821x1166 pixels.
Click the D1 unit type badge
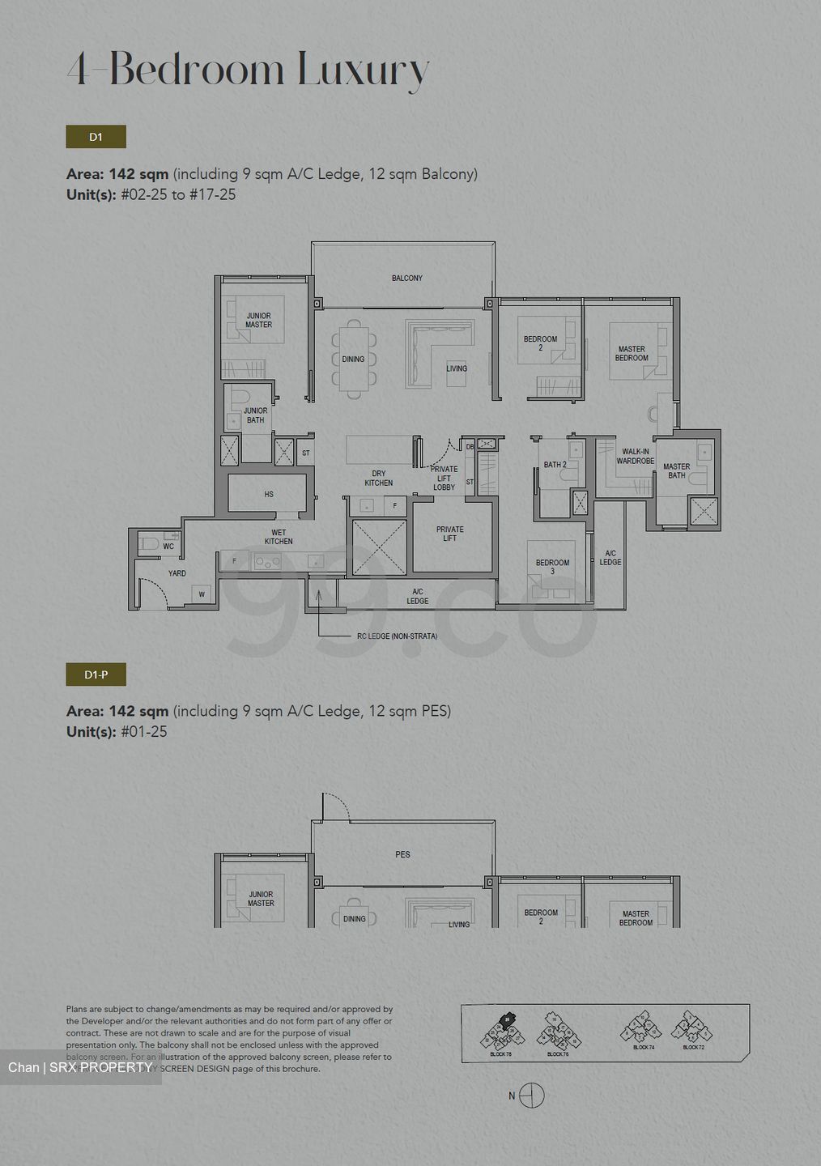96,137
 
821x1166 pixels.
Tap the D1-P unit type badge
96,674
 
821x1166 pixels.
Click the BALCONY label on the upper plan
406,278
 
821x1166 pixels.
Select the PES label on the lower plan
402,854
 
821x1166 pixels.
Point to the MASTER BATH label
676,471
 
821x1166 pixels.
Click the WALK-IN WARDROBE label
635,457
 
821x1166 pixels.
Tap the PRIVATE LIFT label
450,534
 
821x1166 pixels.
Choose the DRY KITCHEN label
378,479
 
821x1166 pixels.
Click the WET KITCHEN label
278,538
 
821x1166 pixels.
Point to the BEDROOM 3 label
552,567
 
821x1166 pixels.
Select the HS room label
269,494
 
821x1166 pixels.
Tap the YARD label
177,573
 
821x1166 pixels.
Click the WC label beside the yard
168,547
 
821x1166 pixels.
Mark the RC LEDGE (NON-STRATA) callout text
397,636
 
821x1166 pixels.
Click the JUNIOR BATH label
255,415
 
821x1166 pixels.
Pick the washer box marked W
202,595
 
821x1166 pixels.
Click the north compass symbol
531,1096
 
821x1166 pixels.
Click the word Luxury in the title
363,70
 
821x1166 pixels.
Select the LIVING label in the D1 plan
457,368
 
